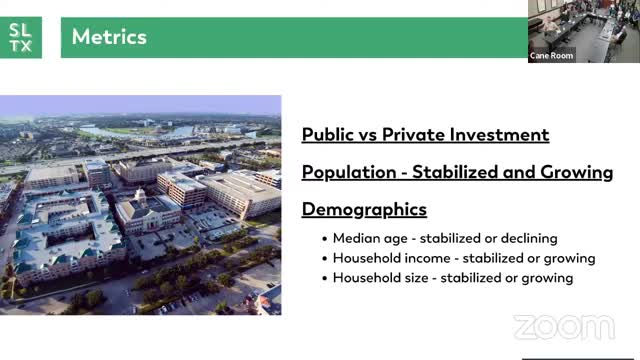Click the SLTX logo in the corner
pyautogui.click(x=21, y=37)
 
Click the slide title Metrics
pyautogui.click(x=109, y=37)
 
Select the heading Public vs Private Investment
pyautogui.click(x=425, y=134)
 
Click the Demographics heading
pyautogui.click(x=364, y=209)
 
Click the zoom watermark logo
pyautogui.click(x=563, y=327)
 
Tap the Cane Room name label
pyautogui.click(x=551, y=56)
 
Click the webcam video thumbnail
pyautogui.click(x=583, y=31)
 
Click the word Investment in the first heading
pyautogui.click(x=505, y=134)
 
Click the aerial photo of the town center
pyautogui.click(x=140, y=205)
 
